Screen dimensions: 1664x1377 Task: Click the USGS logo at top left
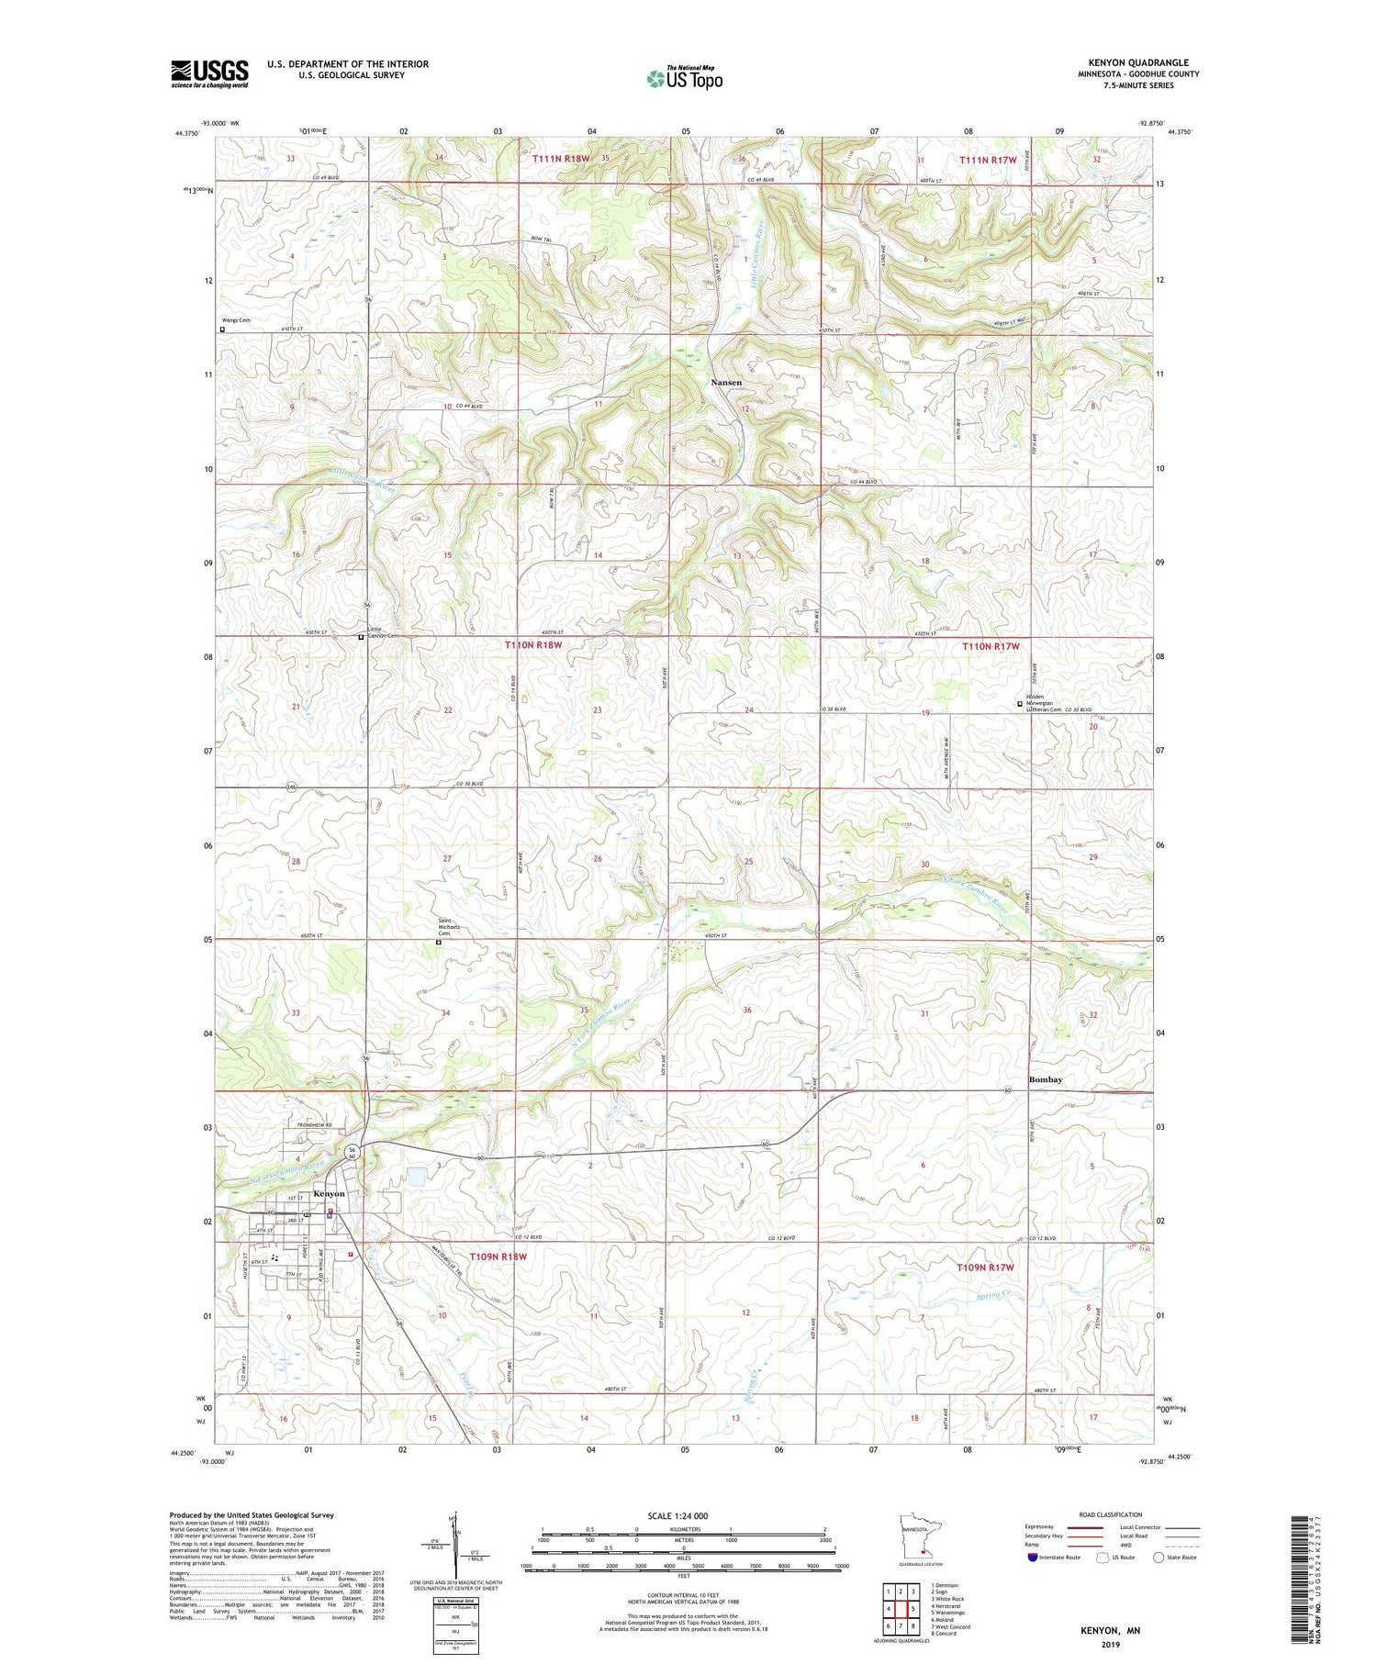coord(209,73)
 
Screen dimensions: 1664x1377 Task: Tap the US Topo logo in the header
coord(685,79)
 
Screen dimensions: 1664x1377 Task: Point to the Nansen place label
coord(726,382)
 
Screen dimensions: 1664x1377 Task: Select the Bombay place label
coord(1045,1079)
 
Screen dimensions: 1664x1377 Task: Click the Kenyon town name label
coord(329,1193)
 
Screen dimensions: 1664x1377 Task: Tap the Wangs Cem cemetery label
coord(235,320)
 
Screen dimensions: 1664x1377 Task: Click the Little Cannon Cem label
coord(383,632)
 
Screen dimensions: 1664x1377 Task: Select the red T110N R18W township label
coord(532,645)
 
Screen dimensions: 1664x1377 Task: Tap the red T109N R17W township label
coord(985,1268)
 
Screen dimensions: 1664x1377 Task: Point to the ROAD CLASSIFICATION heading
coord(1111,1514)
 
